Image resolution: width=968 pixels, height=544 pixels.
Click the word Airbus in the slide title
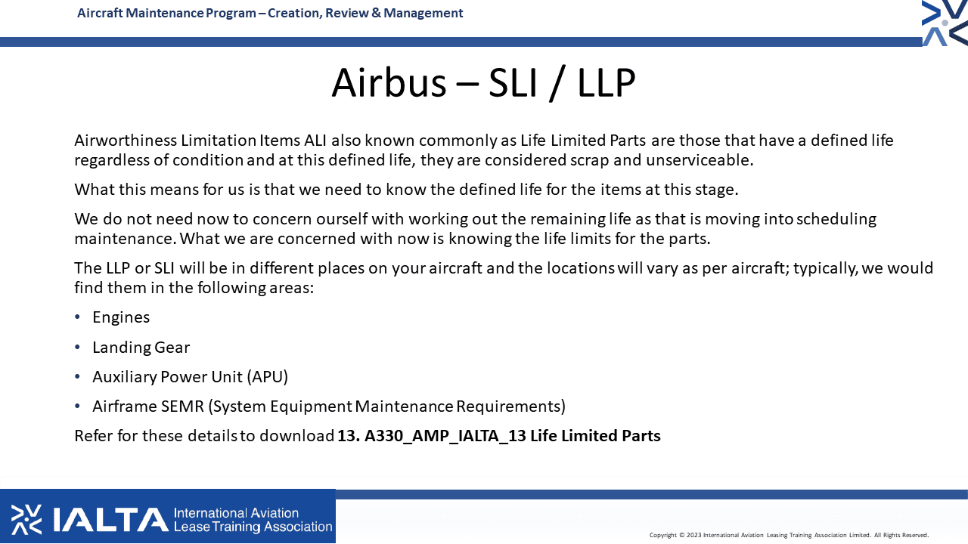(389, 82)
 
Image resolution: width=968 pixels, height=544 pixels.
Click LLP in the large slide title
(607, 82)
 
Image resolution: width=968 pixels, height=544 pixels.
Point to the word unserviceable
(700, 160)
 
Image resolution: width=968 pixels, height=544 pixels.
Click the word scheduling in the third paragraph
(836, 219)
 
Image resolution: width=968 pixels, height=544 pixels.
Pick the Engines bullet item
(121, 318)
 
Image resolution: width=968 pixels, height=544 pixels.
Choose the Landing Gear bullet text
(141, 348)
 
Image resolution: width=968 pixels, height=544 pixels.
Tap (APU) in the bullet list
(268, 377)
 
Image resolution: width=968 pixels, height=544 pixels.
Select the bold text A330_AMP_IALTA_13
(445, 436)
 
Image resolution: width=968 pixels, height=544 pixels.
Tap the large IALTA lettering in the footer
(110, 520)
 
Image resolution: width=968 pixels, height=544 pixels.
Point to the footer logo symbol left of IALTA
(26, 519)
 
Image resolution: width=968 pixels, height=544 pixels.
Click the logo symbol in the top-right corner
(945, 23)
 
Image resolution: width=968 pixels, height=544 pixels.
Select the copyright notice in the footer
(789, 535)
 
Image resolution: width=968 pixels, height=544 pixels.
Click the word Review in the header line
(346, 13)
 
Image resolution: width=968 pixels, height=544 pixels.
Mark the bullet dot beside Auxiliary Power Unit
(77, 377)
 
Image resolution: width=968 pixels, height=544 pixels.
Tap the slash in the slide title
(557, 83)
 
